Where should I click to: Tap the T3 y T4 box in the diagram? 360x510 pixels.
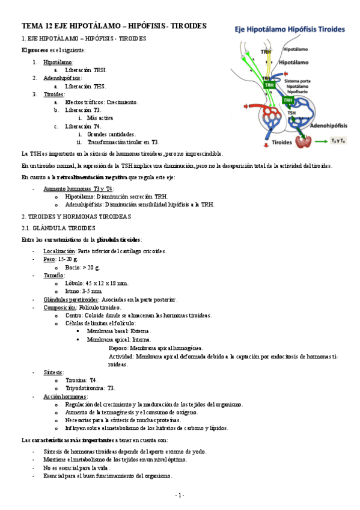[x=337, y=141]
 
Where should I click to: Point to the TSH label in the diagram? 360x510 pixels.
[x=291, y=112]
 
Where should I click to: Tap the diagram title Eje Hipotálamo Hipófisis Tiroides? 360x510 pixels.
[x=290, y=28]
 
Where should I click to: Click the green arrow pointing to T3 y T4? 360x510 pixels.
[x=321, y=141]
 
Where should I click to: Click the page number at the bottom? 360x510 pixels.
[x=179, y=495]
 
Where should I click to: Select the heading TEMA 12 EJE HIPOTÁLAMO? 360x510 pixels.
[x=114, y=26]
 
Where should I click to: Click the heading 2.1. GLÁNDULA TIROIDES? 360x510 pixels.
[x=58, y=228]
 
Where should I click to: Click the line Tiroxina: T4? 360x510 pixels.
[x=84, y=379]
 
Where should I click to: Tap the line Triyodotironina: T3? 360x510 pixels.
[x=90, y=388]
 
